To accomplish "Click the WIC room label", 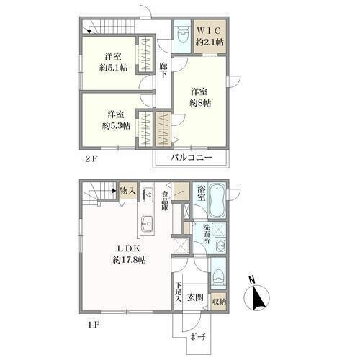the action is click(209, 31).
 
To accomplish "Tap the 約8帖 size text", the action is click(200, 103).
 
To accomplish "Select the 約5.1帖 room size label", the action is click(114, 68).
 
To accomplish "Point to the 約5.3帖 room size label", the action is click(117, 125).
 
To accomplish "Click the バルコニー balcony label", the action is click(192, 158).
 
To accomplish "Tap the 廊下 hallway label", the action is click(163, 71).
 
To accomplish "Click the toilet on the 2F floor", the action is click(181, 35).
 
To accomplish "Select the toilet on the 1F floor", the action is click(218, 276).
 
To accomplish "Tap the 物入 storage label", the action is click(128, 192).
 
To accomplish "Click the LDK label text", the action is click(129, 248).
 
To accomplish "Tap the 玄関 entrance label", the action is click(195, 297).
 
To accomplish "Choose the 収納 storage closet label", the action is click(220, 302).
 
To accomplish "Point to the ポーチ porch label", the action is click(198, 337).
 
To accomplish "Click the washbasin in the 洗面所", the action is click(220, 246).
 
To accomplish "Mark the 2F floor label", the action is click(91, 158).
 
